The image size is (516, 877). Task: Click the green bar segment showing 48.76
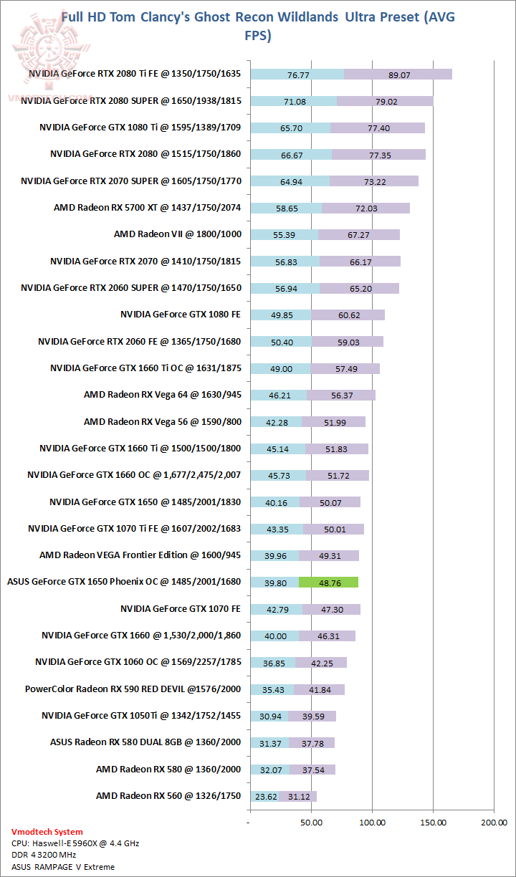(x=329, y=583)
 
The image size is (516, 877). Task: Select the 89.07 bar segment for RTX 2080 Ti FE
(x=398, y=74)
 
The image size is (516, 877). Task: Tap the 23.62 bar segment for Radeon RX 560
(x=264, y=795)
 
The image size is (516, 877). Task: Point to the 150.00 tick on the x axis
(x=433, y=823)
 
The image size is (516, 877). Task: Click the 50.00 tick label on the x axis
(x=311, y=823)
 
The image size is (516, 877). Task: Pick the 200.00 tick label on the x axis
(x=494, y=823)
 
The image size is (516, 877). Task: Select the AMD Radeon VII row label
(x=178, y=234)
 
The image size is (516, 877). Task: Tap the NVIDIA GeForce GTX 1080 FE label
(x=181, y=315)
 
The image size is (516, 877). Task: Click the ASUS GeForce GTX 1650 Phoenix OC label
(x=124, y=582)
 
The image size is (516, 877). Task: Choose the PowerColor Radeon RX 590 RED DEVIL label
(x=133, y=689)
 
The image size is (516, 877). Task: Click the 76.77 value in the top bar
(x=297, y=74)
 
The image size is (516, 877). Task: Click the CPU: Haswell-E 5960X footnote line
(x=75, y=843)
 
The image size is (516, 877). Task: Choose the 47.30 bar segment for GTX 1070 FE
(x=331, y=609)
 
